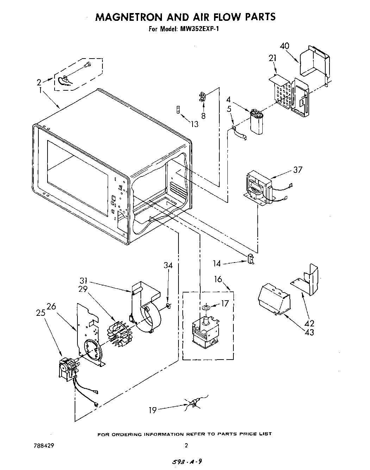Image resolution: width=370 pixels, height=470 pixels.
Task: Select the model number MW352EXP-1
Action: (x=199, y=29)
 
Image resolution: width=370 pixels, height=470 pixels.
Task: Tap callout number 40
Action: (x=285, y=46)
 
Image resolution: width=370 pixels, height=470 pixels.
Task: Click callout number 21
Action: (x=272, y=59)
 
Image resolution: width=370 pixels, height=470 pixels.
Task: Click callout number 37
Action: (x=298, y=170)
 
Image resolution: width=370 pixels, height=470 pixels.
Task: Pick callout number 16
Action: (x=218, y=279)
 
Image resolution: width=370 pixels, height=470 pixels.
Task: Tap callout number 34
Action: (x=168, y=265)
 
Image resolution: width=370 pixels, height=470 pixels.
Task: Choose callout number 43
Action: (x=309, y=332)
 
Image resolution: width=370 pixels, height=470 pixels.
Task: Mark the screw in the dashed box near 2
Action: (x=87, y=64)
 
